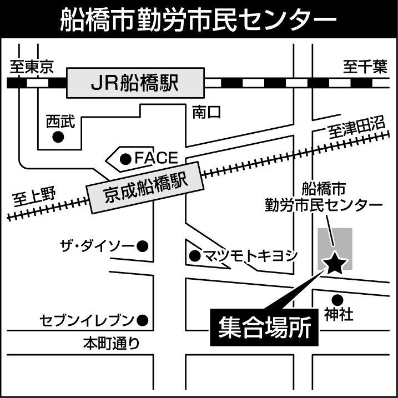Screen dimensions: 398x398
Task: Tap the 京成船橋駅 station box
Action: [x=144, y=187]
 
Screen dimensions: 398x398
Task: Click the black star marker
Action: [x=335, y=263]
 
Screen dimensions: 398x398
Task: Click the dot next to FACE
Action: [x=126, y=159]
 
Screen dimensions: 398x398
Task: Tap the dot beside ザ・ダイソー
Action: [x=143, y=245]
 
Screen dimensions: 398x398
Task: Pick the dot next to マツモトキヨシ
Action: [x=194, y=256]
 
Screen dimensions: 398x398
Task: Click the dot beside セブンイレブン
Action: [x=143, y=320]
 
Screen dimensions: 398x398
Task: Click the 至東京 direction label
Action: [x=32, y=68]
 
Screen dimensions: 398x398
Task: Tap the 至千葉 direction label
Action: [x=364, y=68]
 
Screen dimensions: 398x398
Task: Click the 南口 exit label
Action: [x=206, y=113]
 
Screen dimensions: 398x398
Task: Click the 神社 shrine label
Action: [x=339, y=315]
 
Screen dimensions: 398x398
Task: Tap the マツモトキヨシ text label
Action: [x=250, y=256]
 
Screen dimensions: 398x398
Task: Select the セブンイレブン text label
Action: [x=87, y=320]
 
